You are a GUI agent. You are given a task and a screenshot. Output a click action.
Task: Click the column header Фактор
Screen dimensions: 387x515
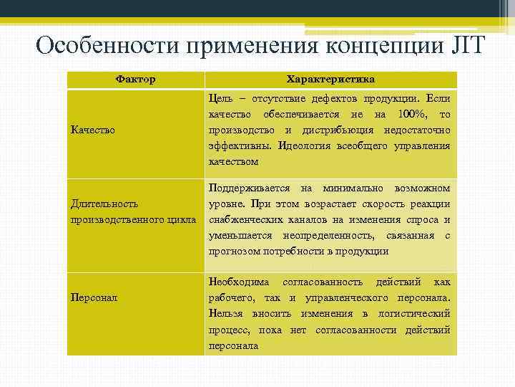pos(135,79)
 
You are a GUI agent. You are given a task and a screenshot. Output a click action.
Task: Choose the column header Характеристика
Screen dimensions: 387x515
pos(330,79)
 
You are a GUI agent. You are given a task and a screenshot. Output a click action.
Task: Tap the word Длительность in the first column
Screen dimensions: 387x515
pos(104,204)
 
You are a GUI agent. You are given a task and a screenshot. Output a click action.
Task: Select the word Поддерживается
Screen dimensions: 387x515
pos(249,188)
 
